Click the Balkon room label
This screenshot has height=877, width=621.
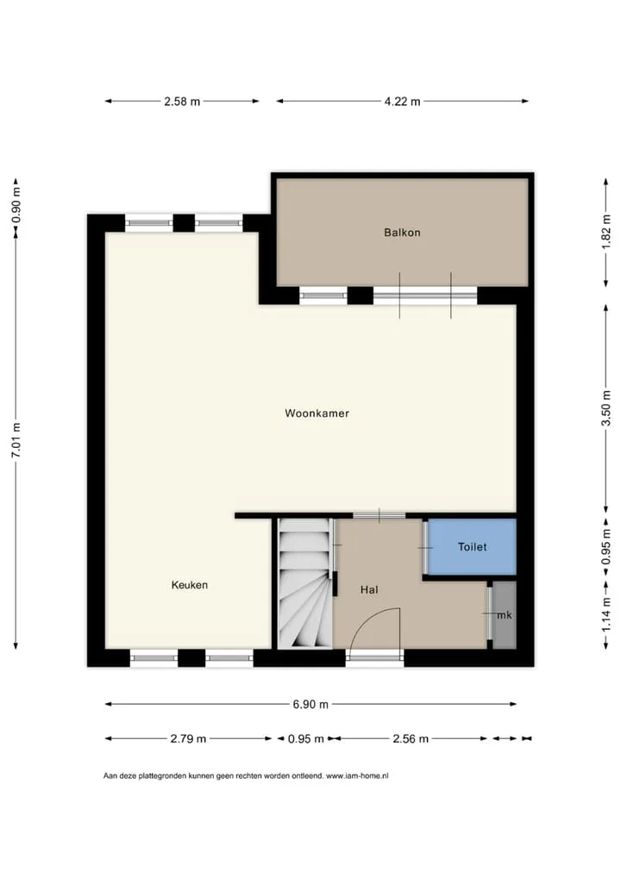pos(402,232)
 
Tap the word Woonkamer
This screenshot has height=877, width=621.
pos(317,414)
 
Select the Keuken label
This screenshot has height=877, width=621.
pos(189,585)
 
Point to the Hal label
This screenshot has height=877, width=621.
pos(369,589)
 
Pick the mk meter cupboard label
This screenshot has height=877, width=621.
pos(504,615)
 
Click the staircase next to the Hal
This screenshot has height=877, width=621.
pos(305,583)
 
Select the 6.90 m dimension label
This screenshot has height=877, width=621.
pos(310,704)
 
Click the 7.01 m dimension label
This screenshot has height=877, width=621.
pos(16,439)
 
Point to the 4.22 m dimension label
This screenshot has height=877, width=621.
pos(402,102)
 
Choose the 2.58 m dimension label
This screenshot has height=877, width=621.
pos(182,102)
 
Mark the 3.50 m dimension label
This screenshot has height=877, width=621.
pos(605,407)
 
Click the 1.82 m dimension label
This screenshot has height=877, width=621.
pos(605,232)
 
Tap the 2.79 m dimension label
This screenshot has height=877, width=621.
pos(188,739)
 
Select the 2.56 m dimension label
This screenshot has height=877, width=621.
pos(411,739)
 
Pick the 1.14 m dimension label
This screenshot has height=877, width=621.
pos(605,615)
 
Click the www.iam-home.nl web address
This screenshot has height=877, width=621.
pos(357,775)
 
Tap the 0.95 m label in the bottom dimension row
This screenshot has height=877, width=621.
pos(305,739)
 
